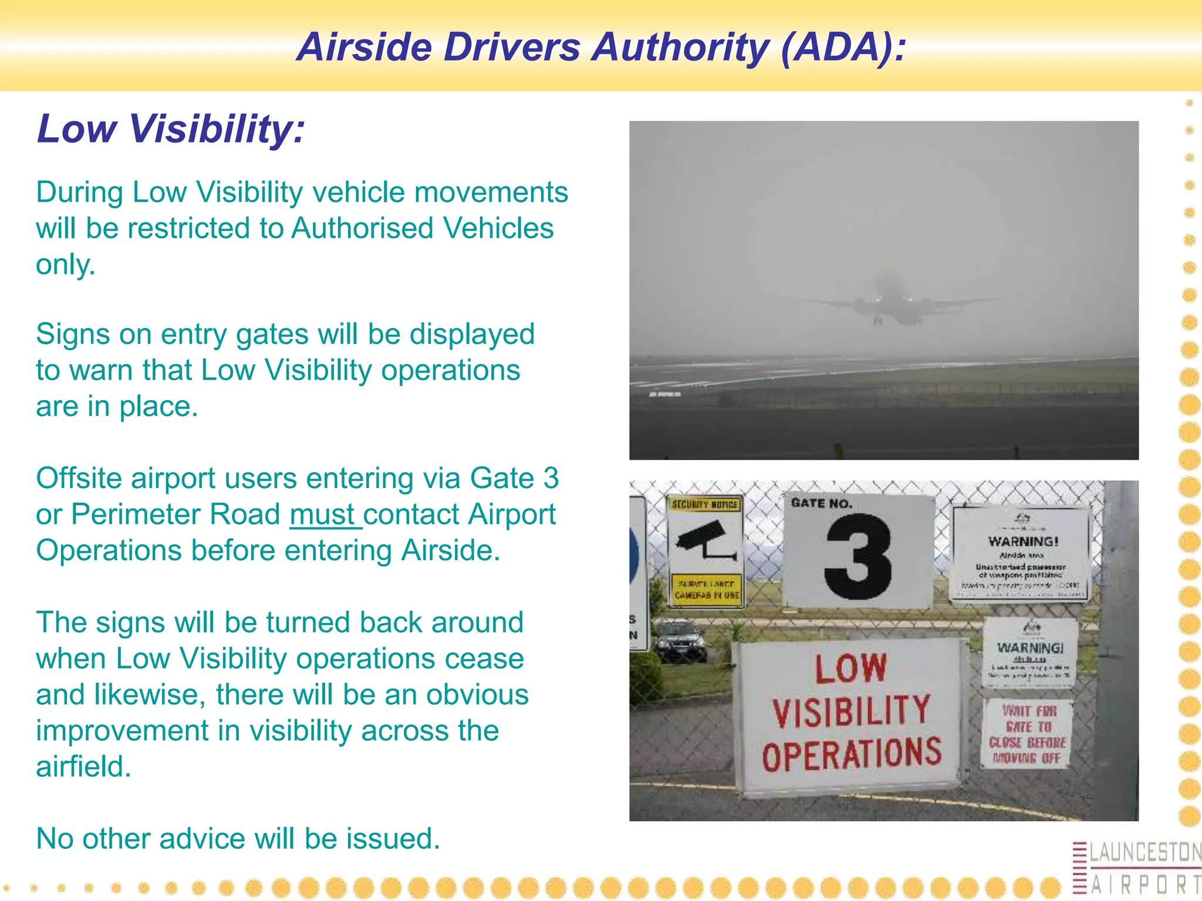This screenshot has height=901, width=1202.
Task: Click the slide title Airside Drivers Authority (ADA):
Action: point(601,47)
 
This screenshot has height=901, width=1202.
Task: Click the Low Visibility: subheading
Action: point(171,128)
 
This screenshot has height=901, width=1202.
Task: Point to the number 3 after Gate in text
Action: point(550,478)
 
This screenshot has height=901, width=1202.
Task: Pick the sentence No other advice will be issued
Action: point(238,838)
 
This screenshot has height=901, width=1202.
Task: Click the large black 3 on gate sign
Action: point(857,557)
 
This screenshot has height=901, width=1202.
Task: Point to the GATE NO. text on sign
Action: point(821,503)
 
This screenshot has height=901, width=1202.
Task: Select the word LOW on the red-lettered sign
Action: point(850,669)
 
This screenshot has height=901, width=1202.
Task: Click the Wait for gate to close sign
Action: point(1027,734)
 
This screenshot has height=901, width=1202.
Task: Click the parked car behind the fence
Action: point(680,641)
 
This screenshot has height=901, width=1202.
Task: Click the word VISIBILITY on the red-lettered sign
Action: point(851,712)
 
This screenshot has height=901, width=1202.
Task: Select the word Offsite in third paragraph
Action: point(79,478)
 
